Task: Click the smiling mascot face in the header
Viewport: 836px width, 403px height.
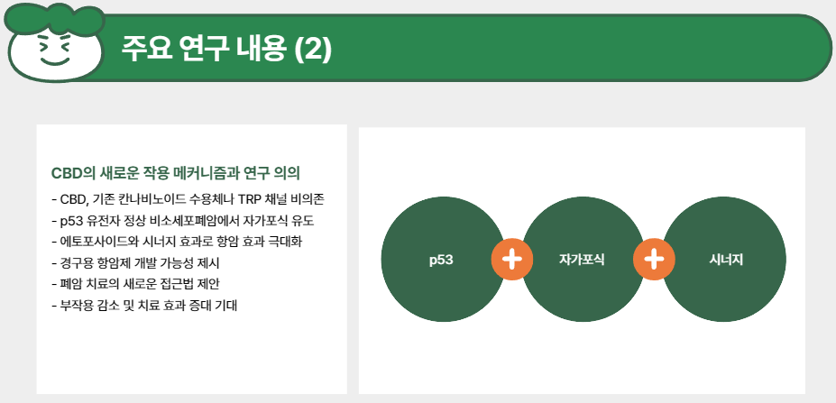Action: click(55, 52)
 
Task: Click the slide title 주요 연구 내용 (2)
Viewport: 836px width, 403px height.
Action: click(226, 49)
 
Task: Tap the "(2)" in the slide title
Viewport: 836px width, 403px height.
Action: click(313, 49)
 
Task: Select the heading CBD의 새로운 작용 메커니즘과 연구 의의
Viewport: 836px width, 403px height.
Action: click(175, 172)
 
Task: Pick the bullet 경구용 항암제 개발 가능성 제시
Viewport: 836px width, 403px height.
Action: click(136, 263)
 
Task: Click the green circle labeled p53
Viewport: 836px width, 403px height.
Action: click(441, 260)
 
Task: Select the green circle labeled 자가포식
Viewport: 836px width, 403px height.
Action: click(582, 260)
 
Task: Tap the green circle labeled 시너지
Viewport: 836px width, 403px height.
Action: click(725, 260)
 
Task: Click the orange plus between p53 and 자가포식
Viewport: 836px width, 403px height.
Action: click(511, 260)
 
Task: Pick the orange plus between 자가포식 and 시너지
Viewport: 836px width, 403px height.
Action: click(654, 260)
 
